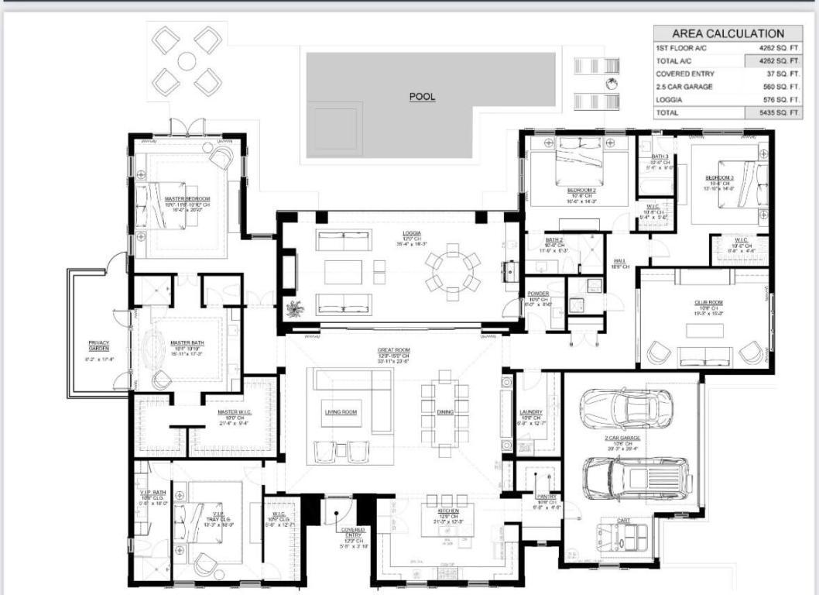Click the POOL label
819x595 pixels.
click(x=422, y=97)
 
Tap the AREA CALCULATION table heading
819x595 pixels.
click(x=727, y=33)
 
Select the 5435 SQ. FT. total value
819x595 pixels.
click(x=775, y=112)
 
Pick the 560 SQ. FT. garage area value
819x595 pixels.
click(x=775, y=87)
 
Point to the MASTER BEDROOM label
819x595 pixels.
click(x=187, y=199)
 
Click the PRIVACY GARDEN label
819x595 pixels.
click(x=98, y=346)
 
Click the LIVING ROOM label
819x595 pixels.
click(x=340, y=412)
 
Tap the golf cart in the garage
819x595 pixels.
click(x=623, y=537)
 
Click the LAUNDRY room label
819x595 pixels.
click(x=530, y=412)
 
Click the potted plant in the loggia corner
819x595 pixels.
click(x=294, y=309)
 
